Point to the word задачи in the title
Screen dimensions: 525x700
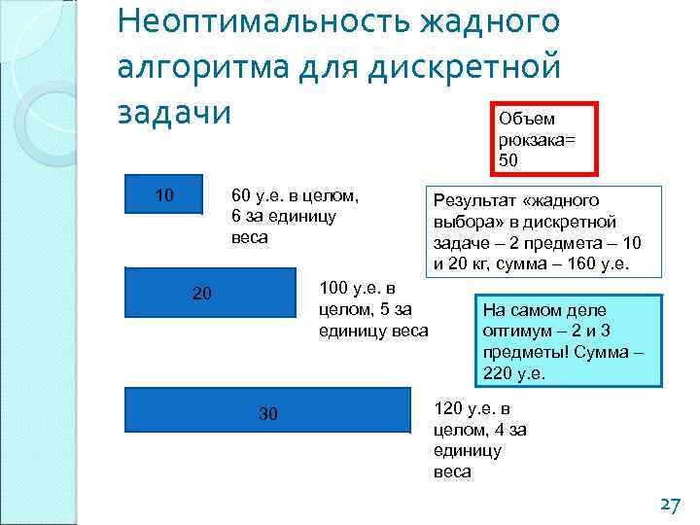[x=174, y=112]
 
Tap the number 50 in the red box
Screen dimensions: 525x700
[x=508, y=158]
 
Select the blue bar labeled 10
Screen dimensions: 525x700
[x=164, y=193]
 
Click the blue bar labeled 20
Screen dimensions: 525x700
[x=210, y=293]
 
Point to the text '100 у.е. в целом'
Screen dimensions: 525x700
[x=358, y=289]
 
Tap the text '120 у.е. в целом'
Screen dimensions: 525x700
[x=472, y=409]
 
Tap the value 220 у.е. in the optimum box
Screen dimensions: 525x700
[x=515, y=372]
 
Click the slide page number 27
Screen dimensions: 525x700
[x=668, y=506]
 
